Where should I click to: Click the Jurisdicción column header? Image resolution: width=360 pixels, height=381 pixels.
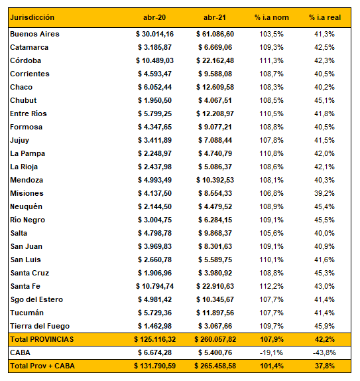point(32,18)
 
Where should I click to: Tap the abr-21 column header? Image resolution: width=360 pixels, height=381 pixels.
point(215,17)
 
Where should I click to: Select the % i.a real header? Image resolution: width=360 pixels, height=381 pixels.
point(325,17)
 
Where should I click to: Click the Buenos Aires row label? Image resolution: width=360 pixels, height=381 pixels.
point(34,34)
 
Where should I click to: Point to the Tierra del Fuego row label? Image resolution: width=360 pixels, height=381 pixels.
point(40,326)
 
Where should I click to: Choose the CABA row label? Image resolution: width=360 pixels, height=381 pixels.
point(20,352)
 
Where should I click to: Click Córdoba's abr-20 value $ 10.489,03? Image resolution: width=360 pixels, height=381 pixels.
point(155,60)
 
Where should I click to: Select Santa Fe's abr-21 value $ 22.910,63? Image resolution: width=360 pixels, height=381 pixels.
point(215,286)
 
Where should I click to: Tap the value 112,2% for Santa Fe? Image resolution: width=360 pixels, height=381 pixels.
point(271,286)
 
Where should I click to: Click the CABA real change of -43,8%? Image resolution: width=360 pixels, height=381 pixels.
point(324,352)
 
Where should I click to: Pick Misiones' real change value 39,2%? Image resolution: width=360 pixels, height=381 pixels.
point(325,193)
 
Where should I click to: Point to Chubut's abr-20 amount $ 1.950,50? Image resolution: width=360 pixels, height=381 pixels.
point(155,100)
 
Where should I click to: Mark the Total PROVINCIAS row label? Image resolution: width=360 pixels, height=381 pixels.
point(42,339)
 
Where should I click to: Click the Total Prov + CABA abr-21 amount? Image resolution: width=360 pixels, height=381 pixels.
point(215,366)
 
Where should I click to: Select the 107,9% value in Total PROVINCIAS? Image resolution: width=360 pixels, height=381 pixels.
point(272,339)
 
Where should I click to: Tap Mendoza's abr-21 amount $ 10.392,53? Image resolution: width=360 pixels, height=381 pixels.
point(215,180)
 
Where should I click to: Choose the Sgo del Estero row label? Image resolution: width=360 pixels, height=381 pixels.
point(36,299)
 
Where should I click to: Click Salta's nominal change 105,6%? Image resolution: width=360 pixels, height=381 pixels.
point(271,233)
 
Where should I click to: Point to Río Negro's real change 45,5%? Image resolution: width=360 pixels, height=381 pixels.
point(325,220)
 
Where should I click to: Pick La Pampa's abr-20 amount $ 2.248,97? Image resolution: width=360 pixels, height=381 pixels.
point(155,153)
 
